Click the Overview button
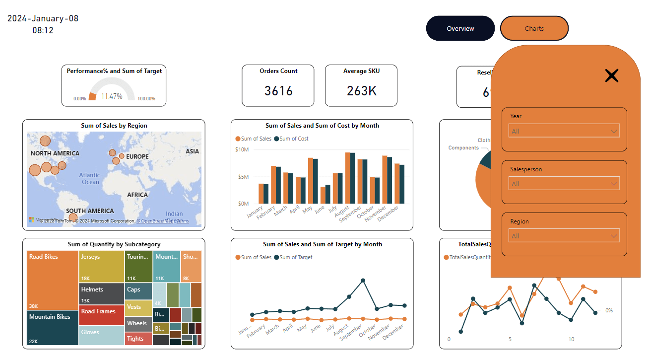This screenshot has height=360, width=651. click(x=460, y=28)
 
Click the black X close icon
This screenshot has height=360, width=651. click(x=612, y=75)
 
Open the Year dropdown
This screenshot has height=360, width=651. click(x=564, y=131)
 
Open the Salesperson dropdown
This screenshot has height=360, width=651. click(x=564, y=184)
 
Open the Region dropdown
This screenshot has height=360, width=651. click(x=564, y=236)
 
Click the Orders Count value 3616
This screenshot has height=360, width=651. click(x=278, y=91)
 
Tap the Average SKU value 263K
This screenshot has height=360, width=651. click(x=361, y=91)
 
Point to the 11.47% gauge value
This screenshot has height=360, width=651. click(x=112, y=96)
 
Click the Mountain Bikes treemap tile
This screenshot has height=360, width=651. click(x=53, y=328)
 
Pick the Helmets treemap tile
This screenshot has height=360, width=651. click(x=101, y=293)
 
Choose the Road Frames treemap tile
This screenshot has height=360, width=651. click(x=101, y=315)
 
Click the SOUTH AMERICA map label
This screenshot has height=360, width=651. click(x=90, y=211)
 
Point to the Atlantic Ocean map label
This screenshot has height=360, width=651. click(x=90, y=178)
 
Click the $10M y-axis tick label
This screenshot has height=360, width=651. click(x=242, y=149)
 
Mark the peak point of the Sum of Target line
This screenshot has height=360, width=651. click(x=363, y=281)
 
